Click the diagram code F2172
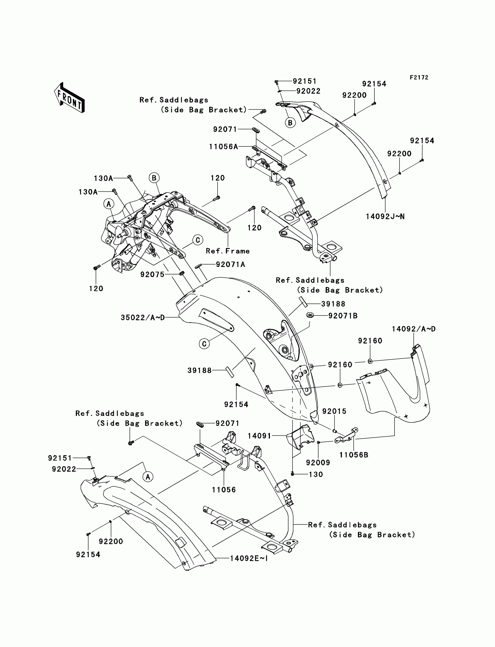419,77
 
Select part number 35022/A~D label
143,318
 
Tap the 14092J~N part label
385,217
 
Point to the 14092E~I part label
249,558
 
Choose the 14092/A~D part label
413,329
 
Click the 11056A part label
223,147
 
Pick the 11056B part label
353,455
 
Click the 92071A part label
230,265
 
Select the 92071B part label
343,316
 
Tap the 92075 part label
152,274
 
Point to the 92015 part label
334,412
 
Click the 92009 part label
318,463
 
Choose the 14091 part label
259,436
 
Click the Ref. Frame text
227,251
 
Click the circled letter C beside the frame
198,240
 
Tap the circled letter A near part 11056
148,476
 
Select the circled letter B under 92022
290,123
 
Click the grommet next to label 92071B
310,315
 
